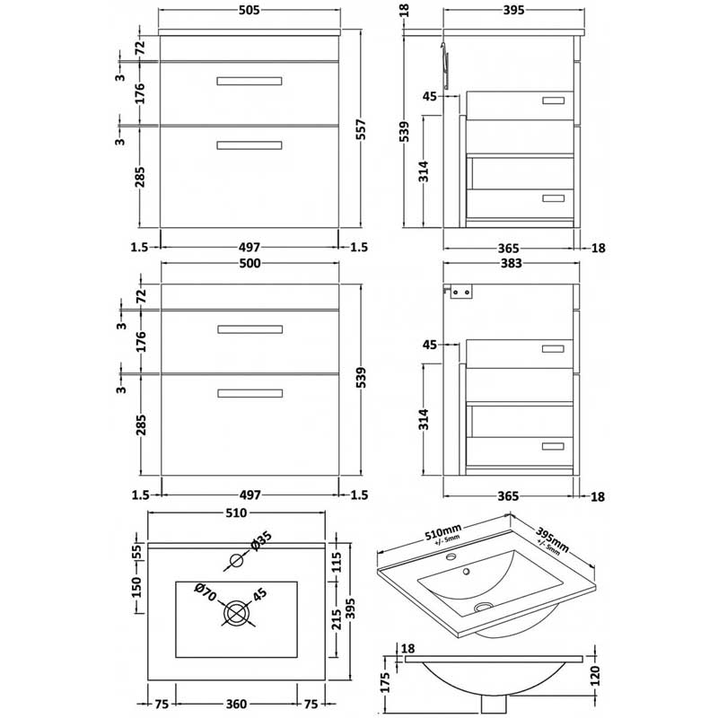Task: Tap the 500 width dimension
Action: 249,264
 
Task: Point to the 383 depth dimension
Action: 509,264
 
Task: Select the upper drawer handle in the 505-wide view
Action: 249,82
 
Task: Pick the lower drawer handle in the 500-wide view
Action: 249,391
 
